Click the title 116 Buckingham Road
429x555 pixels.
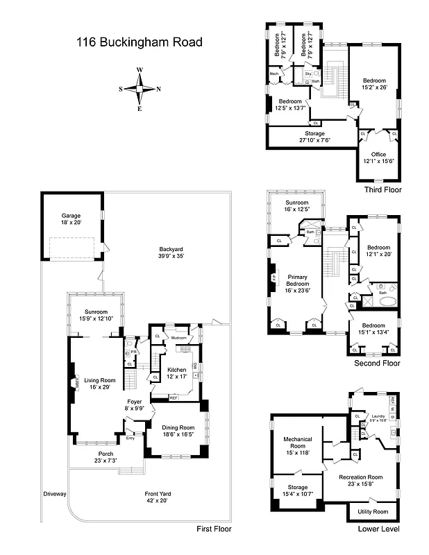139,42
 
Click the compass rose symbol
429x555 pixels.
140,89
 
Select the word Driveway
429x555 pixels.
54,494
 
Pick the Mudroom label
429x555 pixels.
180,336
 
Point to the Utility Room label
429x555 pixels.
373,511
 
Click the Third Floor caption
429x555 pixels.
382,189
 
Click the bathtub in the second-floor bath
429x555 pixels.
385,301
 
